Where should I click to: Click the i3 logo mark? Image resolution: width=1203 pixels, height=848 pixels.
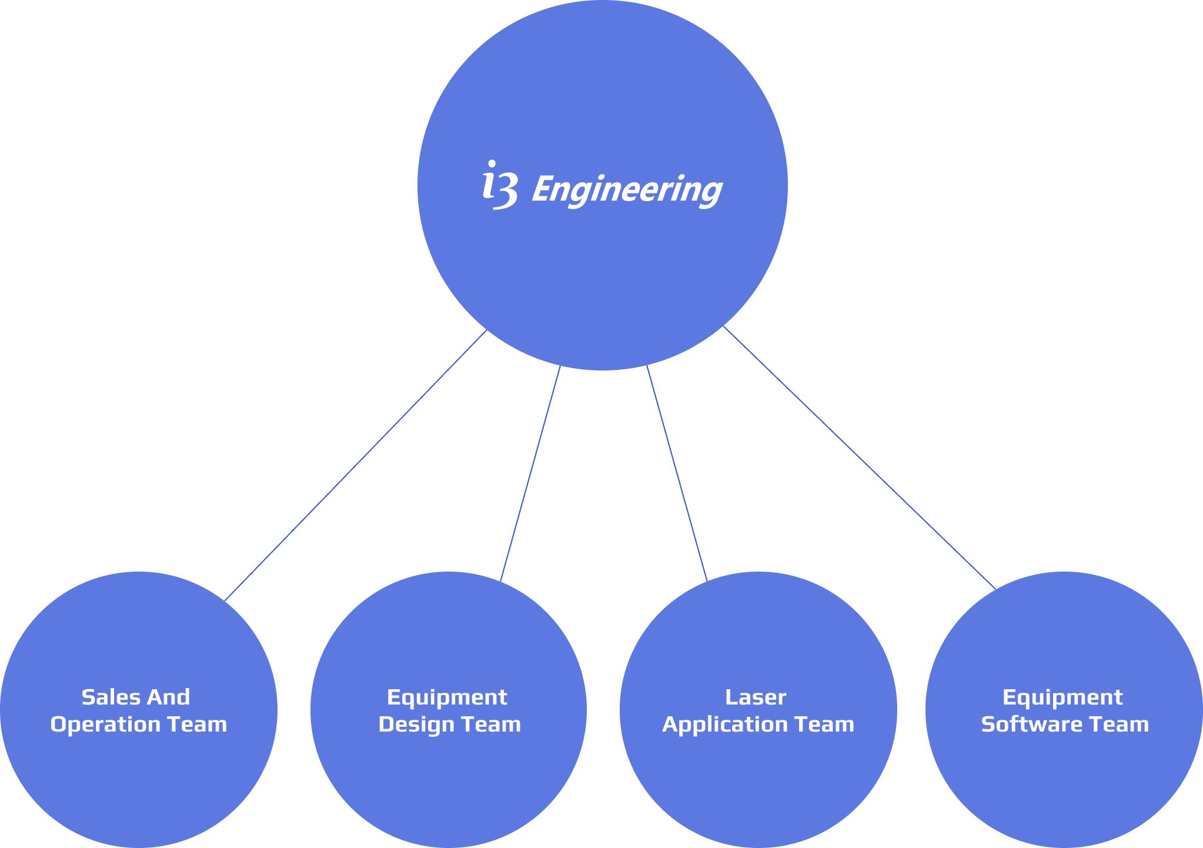coord(500,186)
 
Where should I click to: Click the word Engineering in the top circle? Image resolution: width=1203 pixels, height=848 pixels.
coord(627,189)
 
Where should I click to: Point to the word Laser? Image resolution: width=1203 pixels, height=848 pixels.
coord(756,697)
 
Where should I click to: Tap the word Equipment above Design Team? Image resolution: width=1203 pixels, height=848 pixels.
coord(447,697)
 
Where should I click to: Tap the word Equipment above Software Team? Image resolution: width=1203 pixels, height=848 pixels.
coord(1062,697)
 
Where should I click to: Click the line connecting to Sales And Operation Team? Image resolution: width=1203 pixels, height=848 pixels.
coord(356,465)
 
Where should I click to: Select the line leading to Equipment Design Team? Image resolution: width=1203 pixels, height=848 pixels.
coord(530,474)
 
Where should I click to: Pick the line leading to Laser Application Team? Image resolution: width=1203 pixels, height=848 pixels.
coord(677,474)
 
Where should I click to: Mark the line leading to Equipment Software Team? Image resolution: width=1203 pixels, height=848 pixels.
coord(859,458)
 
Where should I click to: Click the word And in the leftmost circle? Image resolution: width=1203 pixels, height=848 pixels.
coord(168,697)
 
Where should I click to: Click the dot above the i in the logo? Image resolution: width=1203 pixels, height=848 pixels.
coord(492,163)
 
